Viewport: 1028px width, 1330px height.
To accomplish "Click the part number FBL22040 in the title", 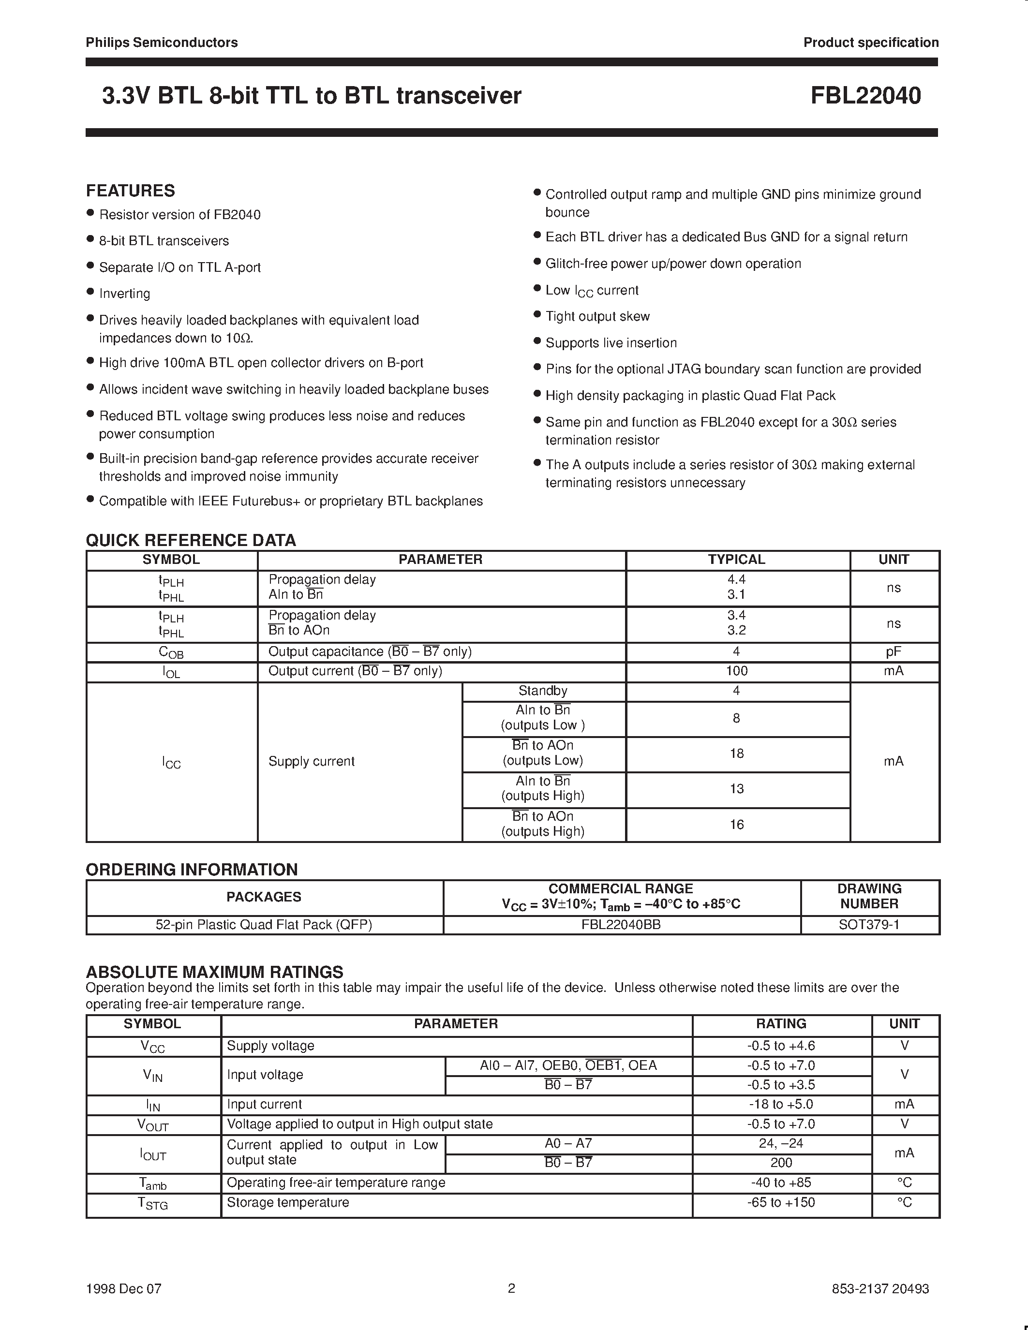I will (x=865, y=96).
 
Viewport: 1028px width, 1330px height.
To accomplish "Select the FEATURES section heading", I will (x=130, y=191).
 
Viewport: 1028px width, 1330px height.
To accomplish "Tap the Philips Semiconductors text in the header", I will (x=162, y=43).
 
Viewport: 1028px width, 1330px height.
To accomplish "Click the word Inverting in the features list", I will (x=124, y=294).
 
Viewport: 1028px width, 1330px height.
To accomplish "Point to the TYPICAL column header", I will (x=736, y=560).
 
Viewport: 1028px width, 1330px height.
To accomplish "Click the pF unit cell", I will (x=894, y=651).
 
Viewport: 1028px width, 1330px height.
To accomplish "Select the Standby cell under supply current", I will (x=543, y=691).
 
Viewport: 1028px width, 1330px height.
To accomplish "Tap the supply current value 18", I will (x=736, y=754).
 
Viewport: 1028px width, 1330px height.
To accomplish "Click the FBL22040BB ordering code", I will (x=621, y=924).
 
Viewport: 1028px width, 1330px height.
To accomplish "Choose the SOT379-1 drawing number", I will (x=869, y=924).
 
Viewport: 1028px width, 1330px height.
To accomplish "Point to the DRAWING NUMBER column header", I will (x=869, y=896).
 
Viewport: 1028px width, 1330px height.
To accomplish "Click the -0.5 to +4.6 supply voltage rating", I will (x=781, y=1046).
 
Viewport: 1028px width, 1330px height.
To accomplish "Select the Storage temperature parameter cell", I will (x=288, y=1202).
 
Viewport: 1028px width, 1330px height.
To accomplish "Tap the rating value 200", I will (x=781, y=1163).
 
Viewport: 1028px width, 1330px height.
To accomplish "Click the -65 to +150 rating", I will (x=781, y=1202).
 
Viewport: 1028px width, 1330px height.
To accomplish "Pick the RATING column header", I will (x=781, y=1024).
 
